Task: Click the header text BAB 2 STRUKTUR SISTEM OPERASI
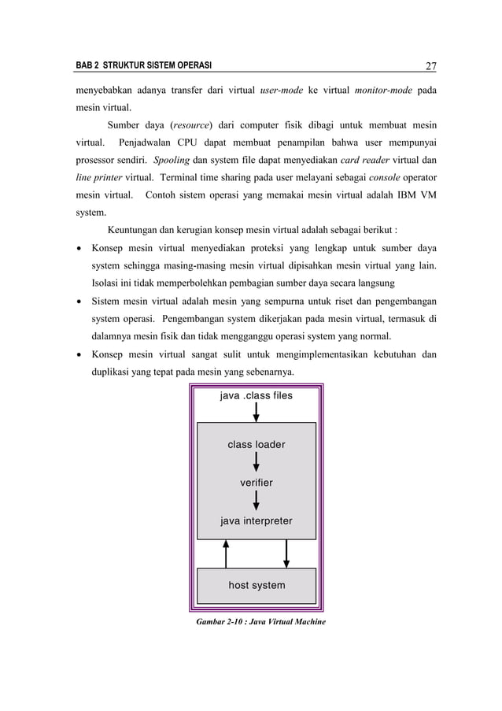coord(137,66)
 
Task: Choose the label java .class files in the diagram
coord(256,395)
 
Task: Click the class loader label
coord(257,445)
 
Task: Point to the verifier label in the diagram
coord(257,483)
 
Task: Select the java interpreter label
coord(257,521)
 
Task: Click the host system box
coord(257,585)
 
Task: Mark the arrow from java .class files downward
coord(257,413)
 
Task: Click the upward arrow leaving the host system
coord(227,553)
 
